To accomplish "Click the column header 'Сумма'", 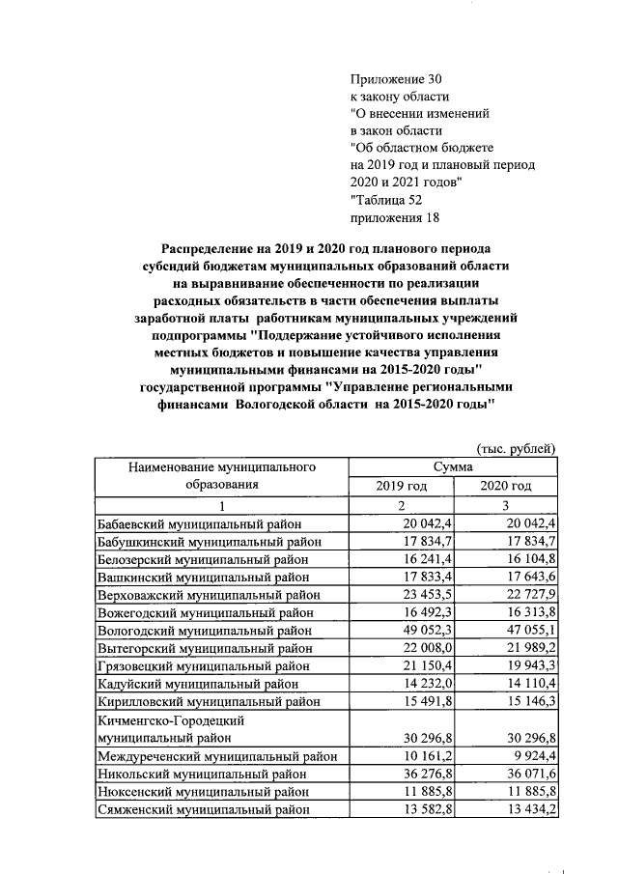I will coord(452,467).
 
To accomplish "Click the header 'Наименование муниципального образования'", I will coord(222,476).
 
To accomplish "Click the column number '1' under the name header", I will coord(222,505).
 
